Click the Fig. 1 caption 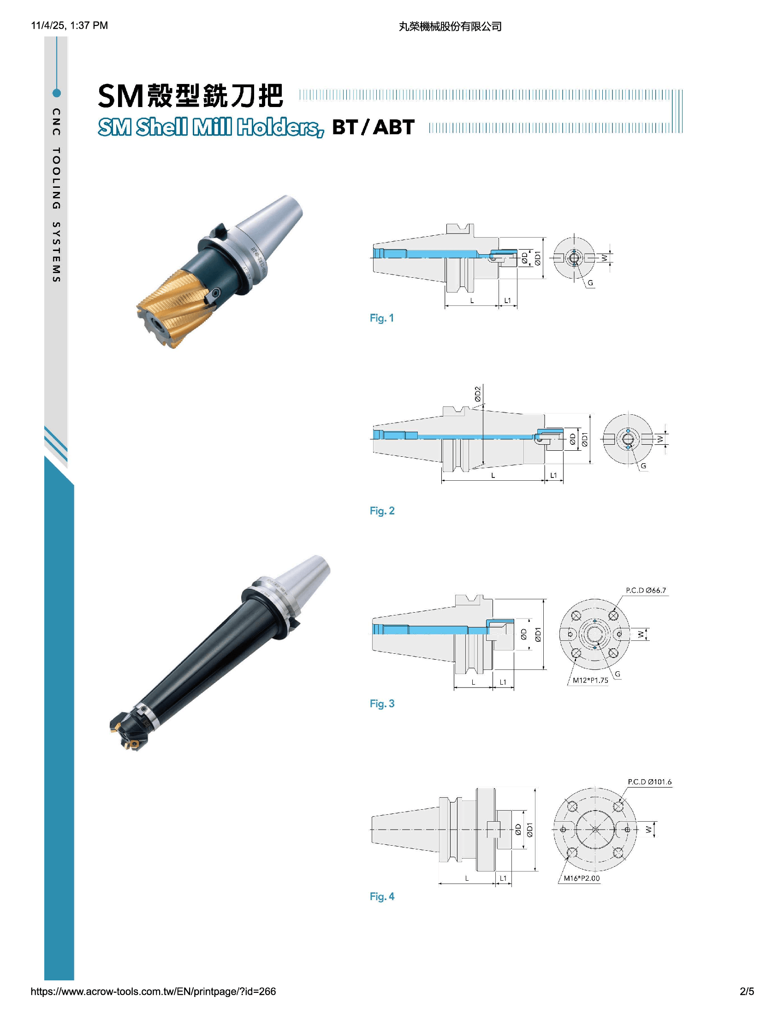point(381,318)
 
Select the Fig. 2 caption point(382,511)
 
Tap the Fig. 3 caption point(382,704)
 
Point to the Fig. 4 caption point(382,896)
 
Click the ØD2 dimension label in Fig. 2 point(478,394)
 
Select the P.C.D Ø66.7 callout point(646,590)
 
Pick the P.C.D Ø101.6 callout point(649,782)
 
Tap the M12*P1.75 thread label point(590,681)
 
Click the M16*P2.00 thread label point(582,878)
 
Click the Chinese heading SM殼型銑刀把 point(190,96)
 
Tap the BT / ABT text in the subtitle point(373,127)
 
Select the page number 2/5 point(747,991)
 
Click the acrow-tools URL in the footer point(153,991)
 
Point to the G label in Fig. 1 point(590,282)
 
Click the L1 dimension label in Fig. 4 point(503,878)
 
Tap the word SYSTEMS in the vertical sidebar point(56,252)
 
